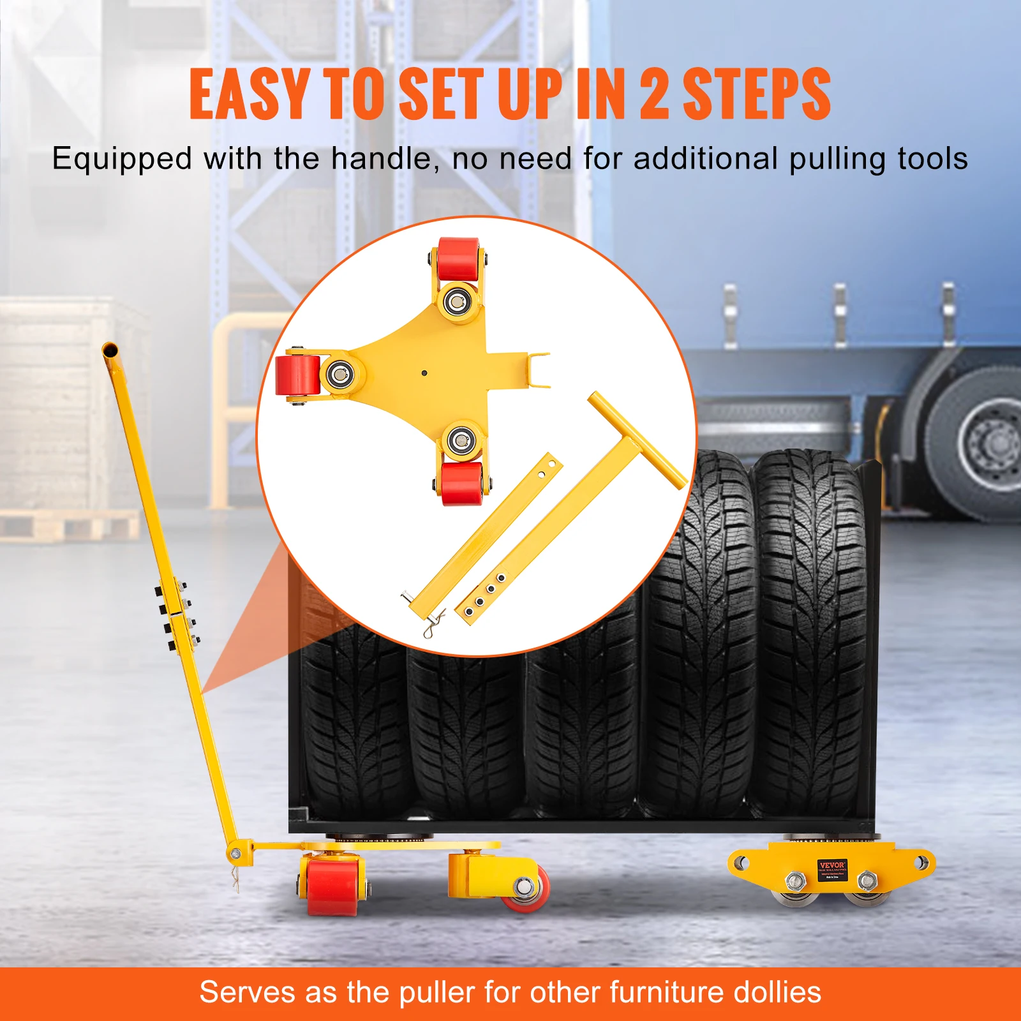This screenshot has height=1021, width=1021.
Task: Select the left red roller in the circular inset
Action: point(297,375)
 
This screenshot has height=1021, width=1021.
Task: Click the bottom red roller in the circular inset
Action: point(462,484)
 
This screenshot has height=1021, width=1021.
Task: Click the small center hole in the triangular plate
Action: point(424,373)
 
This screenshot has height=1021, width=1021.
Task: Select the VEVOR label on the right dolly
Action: point(832,869)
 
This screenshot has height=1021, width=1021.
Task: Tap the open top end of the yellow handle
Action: point(110,350)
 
